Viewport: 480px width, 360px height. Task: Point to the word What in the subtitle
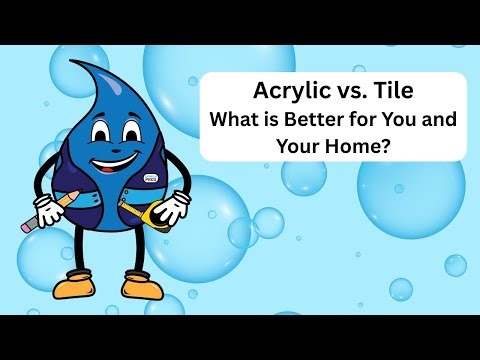pos(235,120)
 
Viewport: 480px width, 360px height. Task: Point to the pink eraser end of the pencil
pos(25,229)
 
